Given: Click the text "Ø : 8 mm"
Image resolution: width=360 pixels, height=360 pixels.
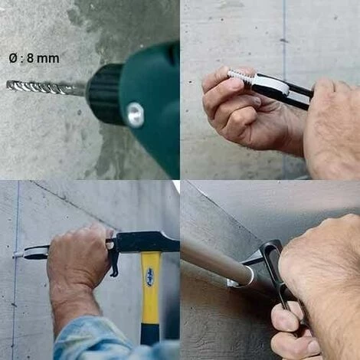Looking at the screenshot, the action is (x=34, y=58).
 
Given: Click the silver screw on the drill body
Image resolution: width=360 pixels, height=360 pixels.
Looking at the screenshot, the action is (x=136, y=114).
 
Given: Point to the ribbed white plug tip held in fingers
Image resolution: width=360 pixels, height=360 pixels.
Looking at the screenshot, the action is (x=241, y=76).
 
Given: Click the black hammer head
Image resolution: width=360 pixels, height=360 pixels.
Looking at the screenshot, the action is (x=147, y=242).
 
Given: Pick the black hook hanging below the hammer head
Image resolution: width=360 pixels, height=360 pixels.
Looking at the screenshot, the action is (x=113, y=258).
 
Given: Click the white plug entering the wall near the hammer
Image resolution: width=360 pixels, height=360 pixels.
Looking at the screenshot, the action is (x=19, y=254).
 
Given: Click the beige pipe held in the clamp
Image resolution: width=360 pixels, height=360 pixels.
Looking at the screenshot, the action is (x=217, y=263).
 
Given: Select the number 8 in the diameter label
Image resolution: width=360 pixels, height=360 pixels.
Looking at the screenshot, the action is (x=30, y=58).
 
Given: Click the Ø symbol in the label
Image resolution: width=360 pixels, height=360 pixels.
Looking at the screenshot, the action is (x=13, y=58).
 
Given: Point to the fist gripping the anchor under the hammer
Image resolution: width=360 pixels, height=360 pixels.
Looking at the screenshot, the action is (x=79, y=255).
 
